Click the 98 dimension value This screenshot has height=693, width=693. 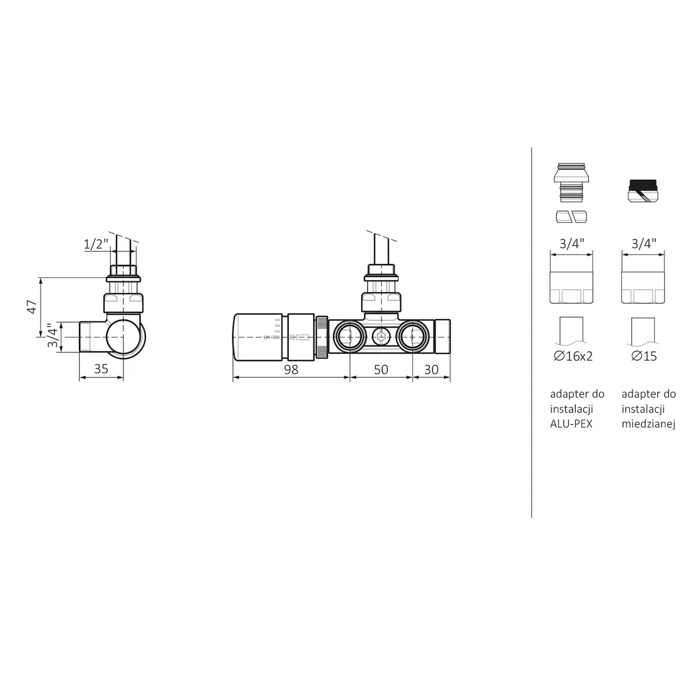[291, 370]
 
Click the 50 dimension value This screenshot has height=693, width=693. [381, 370]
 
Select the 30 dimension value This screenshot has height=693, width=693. [431, 370]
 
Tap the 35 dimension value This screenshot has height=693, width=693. [101, 369]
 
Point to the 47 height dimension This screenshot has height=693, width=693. [32, 306]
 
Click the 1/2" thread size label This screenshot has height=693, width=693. [96, 244]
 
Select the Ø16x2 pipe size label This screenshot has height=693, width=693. [573, 356]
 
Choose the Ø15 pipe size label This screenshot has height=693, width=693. [644, 356]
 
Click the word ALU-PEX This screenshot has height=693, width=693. [571, 424]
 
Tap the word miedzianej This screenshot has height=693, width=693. [649, 424]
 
